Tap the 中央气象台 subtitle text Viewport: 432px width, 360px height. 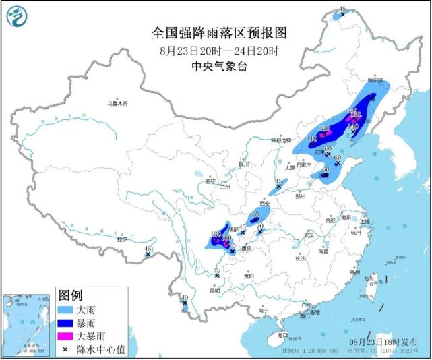point(216,65)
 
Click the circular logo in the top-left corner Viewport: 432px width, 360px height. point(21,18)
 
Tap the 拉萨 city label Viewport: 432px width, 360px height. point(121,239)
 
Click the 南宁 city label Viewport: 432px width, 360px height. point(264,310)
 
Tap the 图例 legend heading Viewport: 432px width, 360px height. point(70,295)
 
